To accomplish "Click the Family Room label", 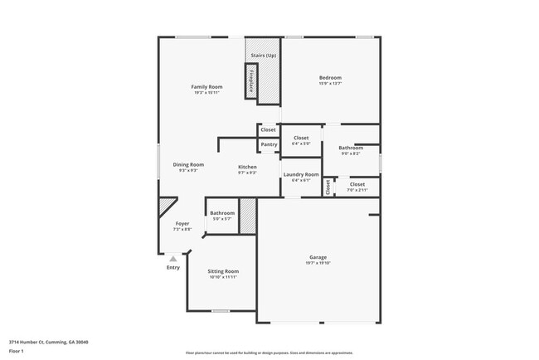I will [x=206, y=87].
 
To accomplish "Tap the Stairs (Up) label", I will [x=264, y=55].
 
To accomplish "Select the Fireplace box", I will [x=252, y=83].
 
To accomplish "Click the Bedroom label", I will [x=330, y=78].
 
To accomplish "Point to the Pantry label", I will [x=269, y=144].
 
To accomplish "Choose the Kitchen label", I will [x=247, y=167].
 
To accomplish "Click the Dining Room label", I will [x=188, y=164].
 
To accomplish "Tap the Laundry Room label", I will [x=300, y=174].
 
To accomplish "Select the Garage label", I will [x=318, y=257].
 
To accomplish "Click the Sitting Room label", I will [x=223, y=271].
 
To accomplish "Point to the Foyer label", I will [x=182, y=223].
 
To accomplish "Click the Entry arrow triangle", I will [x=173, y=259].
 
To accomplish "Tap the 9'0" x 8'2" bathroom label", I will [x=351, y=153].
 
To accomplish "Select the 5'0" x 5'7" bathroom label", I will [x=222, y=218].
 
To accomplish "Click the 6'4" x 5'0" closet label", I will [x=300, y=144].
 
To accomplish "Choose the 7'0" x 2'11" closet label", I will [x=357, y=190].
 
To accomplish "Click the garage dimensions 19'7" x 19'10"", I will [x=318, y=263].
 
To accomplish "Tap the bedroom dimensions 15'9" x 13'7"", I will [x=330, y=84].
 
